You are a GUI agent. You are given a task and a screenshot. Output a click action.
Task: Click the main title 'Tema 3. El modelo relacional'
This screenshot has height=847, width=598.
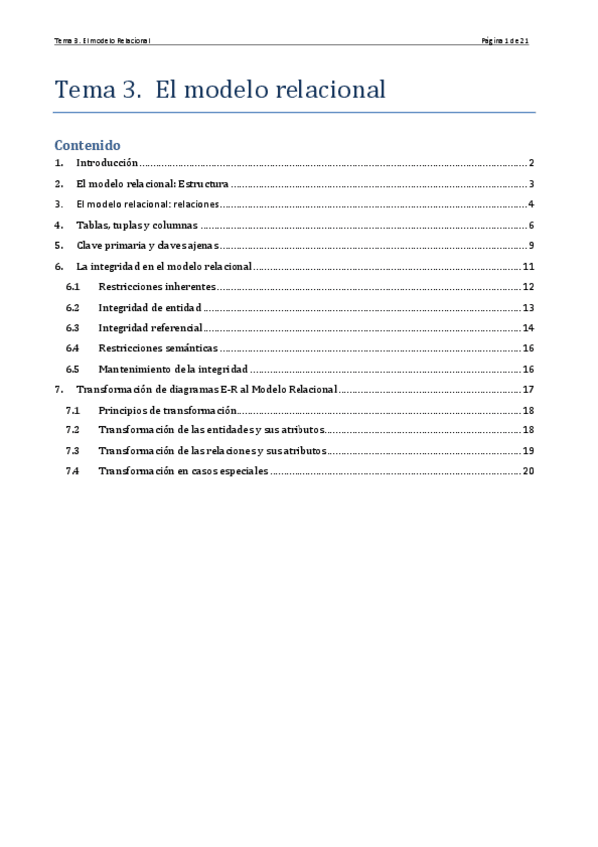point(220,89)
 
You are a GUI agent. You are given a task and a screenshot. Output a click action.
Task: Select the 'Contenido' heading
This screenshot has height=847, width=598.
point(87,144)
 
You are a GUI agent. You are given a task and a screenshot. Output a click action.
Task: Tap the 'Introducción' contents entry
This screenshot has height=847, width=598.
point(107,163)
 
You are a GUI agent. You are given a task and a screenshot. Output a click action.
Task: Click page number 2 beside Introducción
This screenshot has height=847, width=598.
point(533,163)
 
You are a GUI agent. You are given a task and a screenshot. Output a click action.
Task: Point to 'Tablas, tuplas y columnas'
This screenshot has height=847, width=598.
point(137,225)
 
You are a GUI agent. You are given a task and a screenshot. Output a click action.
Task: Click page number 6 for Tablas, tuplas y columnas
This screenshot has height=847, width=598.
point(533,225)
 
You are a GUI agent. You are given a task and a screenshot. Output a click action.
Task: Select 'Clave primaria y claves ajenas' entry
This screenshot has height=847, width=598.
point(147,246)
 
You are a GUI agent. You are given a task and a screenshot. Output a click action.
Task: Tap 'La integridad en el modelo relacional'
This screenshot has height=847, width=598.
point(164,266)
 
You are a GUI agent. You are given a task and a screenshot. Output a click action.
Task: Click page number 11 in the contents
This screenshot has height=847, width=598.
point(530,266)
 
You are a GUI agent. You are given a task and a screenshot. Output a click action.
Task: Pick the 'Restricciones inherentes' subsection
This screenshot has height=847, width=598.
point(156,287)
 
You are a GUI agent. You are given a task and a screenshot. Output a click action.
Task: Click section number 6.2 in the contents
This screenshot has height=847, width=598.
point(72,308)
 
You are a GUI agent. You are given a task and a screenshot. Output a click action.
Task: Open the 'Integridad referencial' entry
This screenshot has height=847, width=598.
point(150,328)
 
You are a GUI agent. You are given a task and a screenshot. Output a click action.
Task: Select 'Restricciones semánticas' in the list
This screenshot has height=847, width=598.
point(157,348)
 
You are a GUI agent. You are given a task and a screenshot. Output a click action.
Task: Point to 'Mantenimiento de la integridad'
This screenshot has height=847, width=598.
point(172,369)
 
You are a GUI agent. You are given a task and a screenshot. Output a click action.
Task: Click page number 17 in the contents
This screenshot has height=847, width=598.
point(530,390)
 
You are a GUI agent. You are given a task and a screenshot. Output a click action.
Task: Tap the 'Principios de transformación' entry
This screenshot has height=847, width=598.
point(167,410)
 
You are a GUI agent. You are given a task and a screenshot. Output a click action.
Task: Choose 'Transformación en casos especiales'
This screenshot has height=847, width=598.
point(183,471)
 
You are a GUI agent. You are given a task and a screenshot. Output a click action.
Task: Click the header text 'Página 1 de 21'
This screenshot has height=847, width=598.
point(511,41)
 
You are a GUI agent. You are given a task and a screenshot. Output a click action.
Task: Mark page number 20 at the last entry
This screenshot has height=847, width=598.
point(530,471)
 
